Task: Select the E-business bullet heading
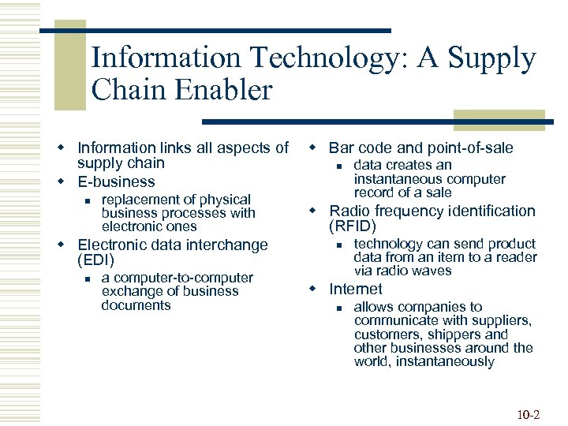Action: (x=116, y=181)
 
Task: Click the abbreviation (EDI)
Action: (x=96, y=260)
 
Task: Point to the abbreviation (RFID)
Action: (x=352, y=226)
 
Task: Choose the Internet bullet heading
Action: (x=355, y=289)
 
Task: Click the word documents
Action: (x=136, y=305)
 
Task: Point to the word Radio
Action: (x=349, y=211)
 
